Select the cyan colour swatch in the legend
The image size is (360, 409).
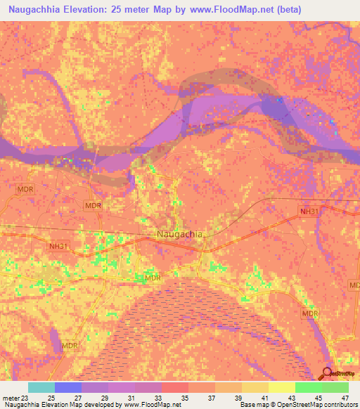[x=41, y=387]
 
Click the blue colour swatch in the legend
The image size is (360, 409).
[x=68, y=387]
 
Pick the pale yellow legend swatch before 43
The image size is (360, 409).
[x=282, y=387]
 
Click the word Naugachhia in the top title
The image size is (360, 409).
[x=41, y=10]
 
